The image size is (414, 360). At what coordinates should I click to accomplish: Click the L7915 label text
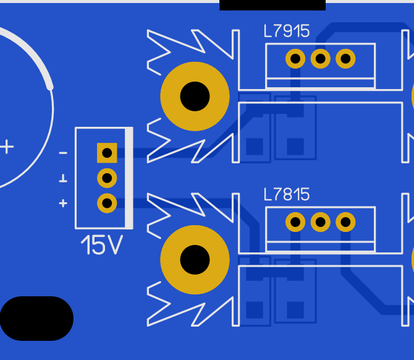click(x=287, y=31)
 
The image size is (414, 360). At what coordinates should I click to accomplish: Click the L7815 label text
click(x=287, y=195)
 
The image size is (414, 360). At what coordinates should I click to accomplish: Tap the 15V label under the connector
click(x=102, y=245)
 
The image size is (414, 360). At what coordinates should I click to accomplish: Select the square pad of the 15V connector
click(x=107, y=153)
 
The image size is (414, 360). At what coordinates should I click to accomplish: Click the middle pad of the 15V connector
click(x=107, y=178)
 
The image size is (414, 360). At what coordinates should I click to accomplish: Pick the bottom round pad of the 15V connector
click(x=107, y=204)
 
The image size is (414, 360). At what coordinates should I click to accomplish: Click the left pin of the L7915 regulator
click(x=295, y=58)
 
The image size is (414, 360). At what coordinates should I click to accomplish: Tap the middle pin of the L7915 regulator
click(x=320, y=58)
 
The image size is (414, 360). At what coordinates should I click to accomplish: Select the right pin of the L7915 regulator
click(x=345, y=58)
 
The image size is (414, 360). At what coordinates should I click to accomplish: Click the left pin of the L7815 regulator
click(x=295, y=222)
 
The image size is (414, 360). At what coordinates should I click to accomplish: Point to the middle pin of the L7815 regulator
click(x=320, y=222)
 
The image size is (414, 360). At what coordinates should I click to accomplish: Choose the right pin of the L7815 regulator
click(x=345, y=222)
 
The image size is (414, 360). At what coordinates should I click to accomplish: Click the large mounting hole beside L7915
click(x=195, y=96)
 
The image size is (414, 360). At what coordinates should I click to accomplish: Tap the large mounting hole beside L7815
click(x=195, y=260)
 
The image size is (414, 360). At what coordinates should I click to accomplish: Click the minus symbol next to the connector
click(x=63, y=153)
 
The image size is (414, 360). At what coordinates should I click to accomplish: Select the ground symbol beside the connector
click(x=63, y=178)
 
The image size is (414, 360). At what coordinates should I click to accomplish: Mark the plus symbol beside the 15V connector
click(x=63, y=204)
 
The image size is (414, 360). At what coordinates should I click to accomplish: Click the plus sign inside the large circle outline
click(x=7, y=147)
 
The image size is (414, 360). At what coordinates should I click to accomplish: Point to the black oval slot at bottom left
click(x=36, y=318)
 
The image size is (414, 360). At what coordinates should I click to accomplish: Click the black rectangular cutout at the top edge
click(x=272, y=5)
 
